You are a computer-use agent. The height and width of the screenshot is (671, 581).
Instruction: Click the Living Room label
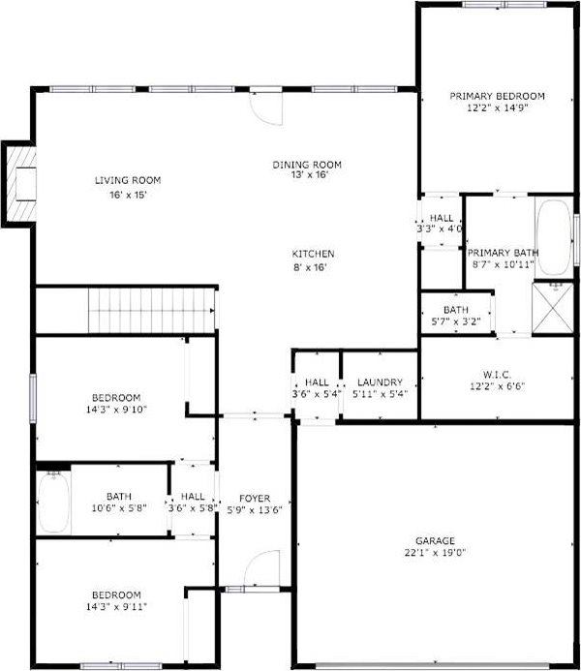pyautogui.click(x=127, y=180)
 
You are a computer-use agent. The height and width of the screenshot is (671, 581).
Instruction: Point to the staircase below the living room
pyautogui.click(x=151, y=310)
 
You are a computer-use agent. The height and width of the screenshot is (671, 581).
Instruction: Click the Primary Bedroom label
pyautogui.click(x=497, y=97)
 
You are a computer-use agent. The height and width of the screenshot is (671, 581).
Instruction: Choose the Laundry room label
pyautogui.click(x=379, y=382)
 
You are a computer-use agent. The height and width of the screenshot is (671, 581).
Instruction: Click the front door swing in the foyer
pyautogui.click(x=259, y=569)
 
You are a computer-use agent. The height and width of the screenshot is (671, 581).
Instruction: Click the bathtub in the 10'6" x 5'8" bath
pyautogui.click(x=53, y=502)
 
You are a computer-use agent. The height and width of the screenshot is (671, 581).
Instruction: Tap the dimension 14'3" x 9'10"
pyautogui.click(x=116, y=411)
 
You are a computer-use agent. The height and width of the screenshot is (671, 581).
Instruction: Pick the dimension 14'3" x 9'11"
pyautogui.click(x=116, y=607)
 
